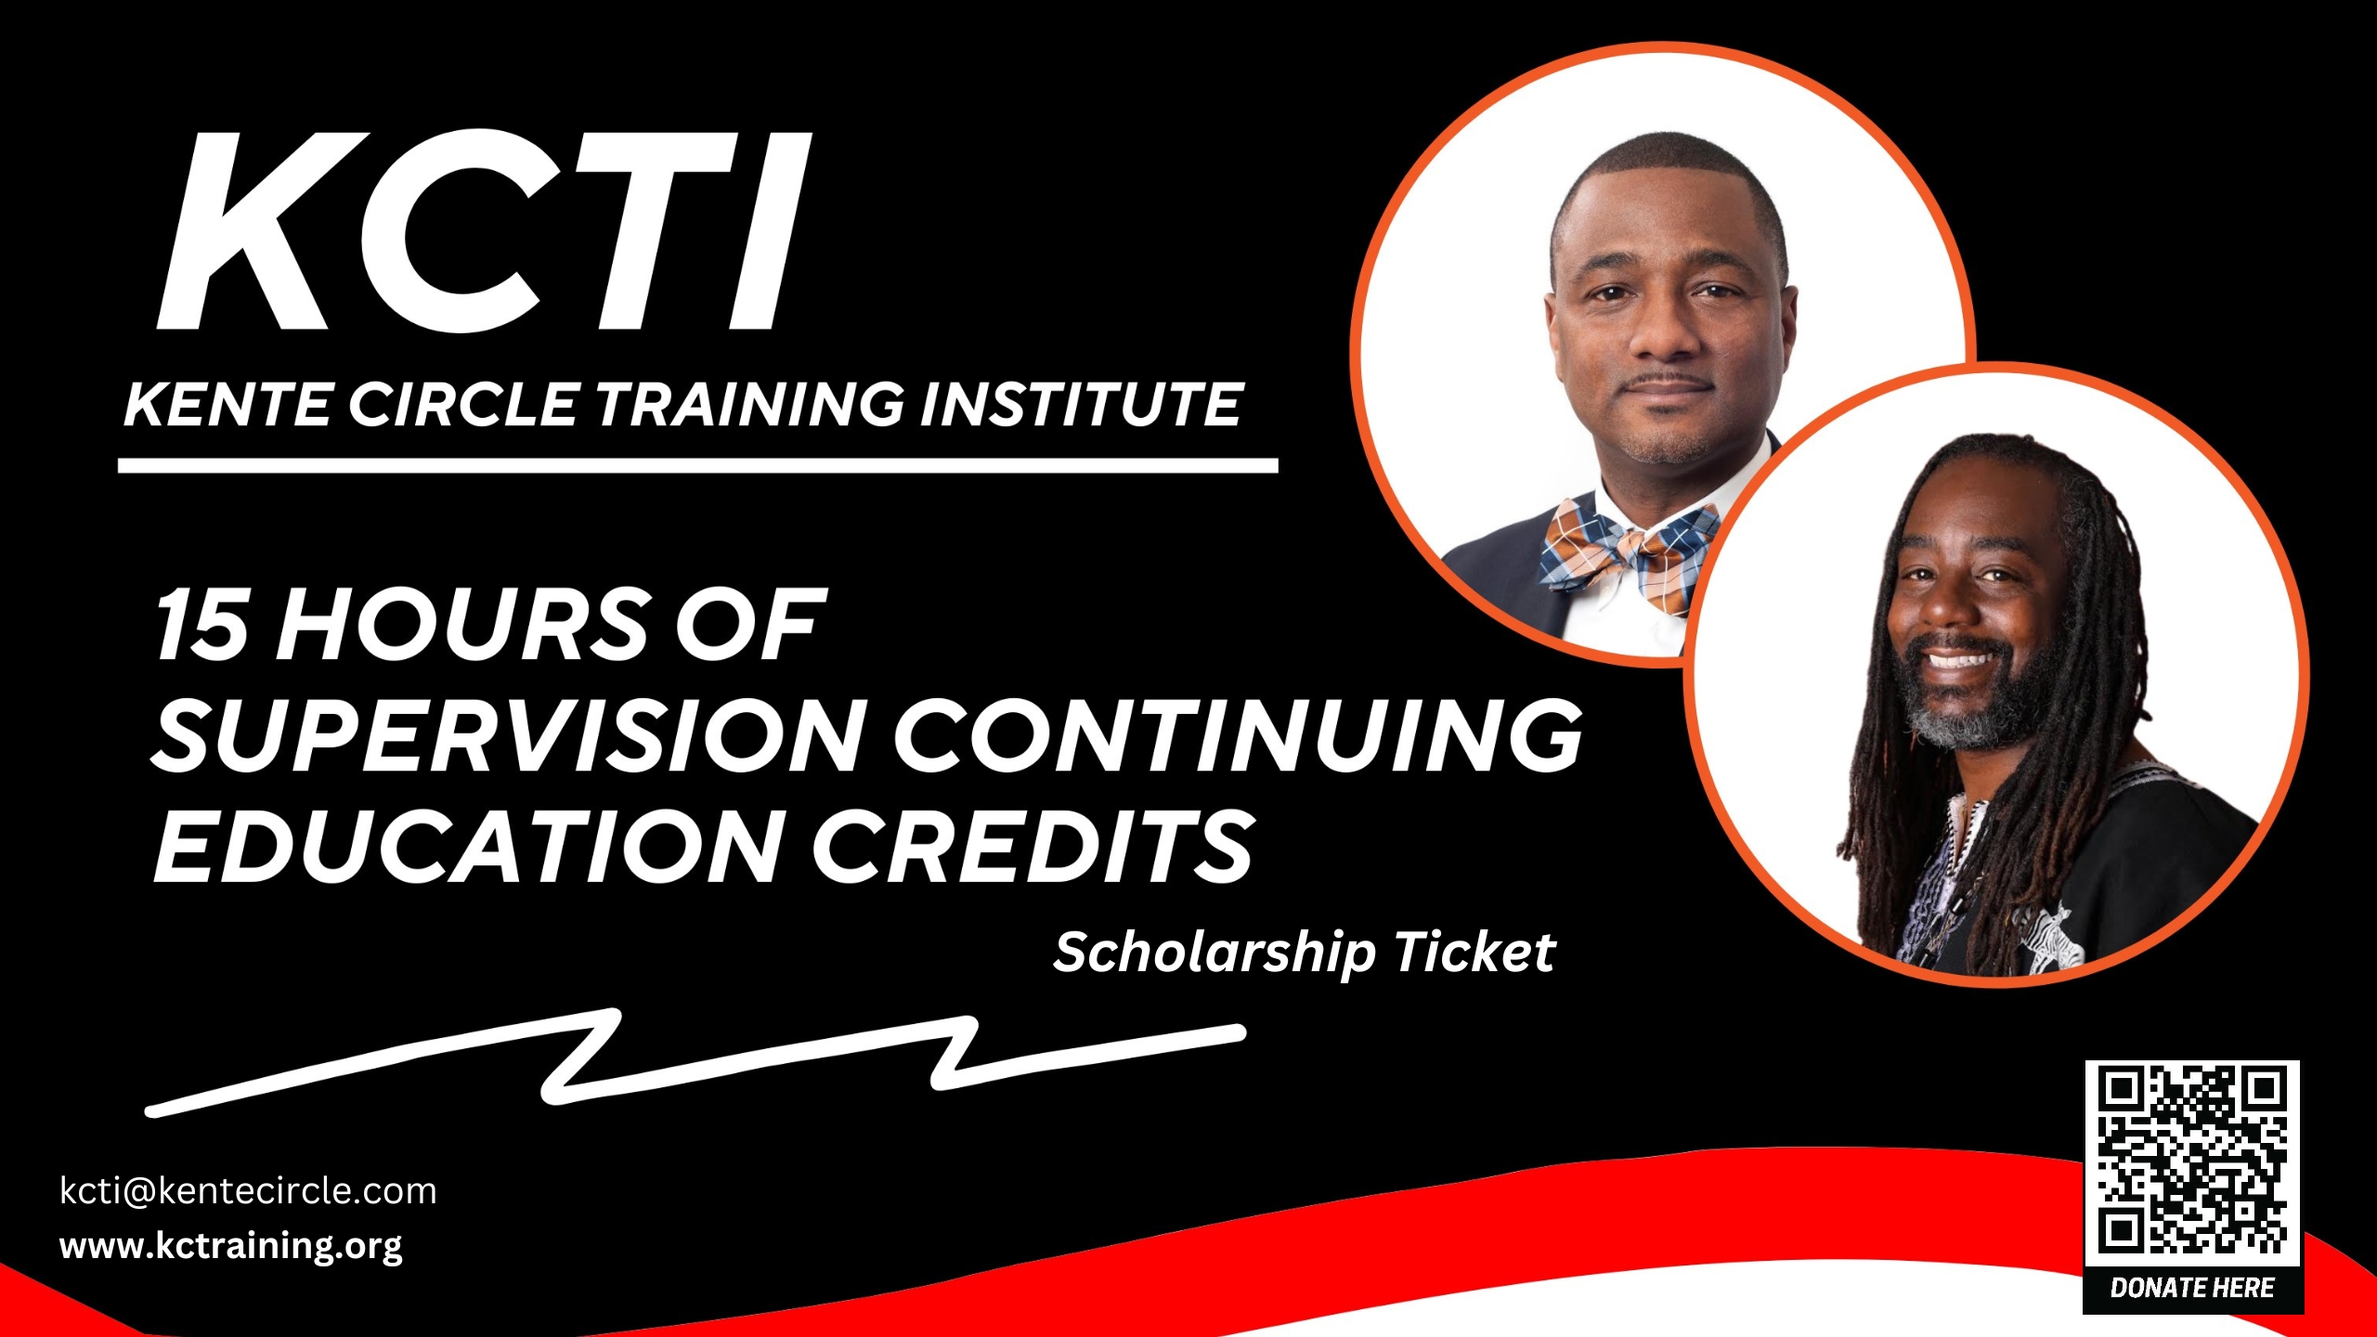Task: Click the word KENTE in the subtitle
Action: pos(227,405)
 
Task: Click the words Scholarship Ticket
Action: pos(1304,954)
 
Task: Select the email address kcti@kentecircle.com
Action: pos(248,1191)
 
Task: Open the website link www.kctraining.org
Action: pos(231,1246)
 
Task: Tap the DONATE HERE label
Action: pos(2192,1288)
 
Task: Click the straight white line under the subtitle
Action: pos(698,466)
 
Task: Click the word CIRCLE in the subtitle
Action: pos(463,405)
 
